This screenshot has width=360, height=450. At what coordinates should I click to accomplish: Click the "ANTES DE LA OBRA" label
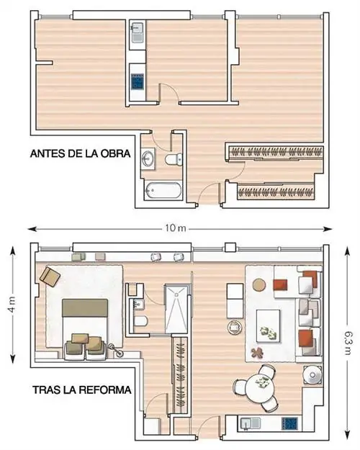[80, 153]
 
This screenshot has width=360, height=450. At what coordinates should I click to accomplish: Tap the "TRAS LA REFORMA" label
[82, 390]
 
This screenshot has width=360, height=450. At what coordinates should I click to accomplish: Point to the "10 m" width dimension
[176, 228]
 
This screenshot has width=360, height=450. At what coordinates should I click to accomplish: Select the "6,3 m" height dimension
[348, 343]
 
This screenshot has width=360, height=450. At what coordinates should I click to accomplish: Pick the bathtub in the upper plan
[163, 190]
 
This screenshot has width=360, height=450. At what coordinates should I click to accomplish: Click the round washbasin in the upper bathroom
[148, 157]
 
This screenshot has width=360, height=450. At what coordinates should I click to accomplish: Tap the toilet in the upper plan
[174, 159]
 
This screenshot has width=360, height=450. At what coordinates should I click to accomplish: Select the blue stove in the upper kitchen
[138, 81]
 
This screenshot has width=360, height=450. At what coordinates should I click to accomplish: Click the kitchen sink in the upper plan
[138, 32]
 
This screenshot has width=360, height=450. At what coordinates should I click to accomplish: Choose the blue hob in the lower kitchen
[289, 423]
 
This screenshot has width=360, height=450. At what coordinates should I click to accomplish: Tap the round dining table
[261, 385]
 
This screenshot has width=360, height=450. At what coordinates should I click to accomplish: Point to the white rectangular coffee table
[268, 325]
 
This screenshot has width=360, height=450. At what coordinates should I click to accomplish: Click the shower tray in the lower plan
[176, 308]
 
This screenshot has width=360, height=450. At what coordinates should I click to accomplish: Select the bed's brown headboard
[85, 308]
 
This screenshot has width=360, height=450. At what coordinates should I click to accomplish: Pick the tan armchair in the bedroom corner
[50, 276]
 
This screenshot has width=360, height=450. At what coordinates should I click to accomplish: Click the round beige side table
[259, 284]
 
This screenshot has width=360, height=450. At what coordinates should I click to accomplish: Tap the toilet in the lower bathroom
[140, 321]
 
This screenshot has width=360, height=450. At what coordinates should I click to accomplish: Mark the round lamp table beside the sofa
[312, 374]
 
